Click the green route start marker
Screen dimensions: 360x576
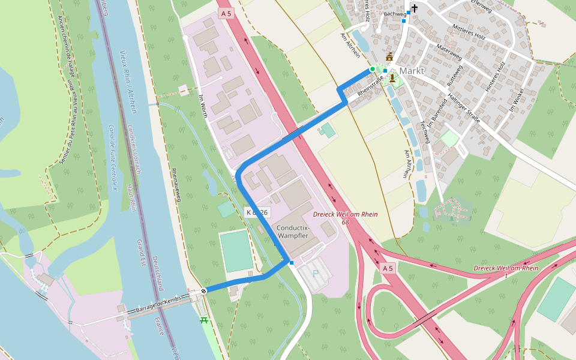[x=372, y=70]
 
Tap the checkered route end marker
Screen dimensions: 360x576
[x=204, y=291]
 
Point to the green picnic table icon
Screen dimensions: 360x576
[x=205, y=320]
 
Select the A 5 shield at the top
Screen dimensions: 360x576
[x=226, y=13]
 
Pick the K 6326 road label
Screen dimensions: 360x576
[x=257, y=212]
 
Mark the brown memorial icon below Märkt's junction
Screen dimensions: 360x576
[x=392, y=77]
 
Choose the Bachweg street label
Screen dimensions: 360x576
[x=394, y=13]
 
